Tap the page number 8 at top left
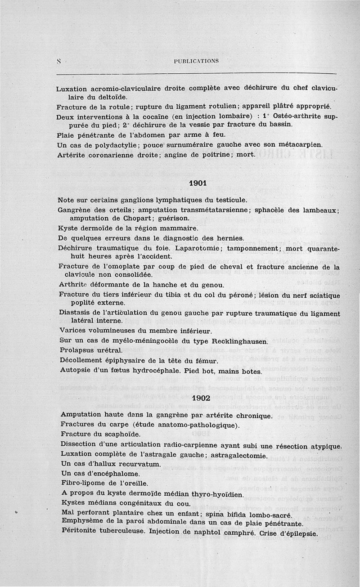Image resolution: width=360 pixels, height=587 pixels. coord(59,61)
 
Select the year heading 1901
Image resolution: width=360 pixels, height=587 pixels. coord(198,183)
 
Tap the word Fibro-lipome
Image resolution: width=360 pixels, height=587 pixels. coord(83,484)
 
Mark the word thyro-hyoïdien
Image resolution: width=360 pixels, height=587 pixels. coord(215,494)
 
